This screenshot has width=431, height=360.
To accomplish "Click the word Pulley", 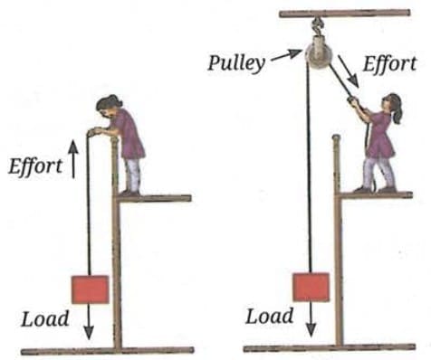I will click(x=236, y=64).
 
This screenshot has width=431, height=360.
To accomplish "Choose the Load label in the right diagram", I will click(x=270, y=316).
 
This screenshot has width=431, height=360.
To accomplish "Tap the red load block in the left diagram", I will click(x=90, y=289).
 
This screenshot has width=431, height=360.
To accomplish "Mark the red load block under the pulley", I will click(x=310, y=287).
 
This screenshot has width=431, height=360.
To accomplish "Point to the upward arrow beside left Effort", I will click(x=72, y=166).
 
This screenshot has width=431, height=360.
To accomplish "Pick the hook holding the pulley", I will click(x=319, y=28).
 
